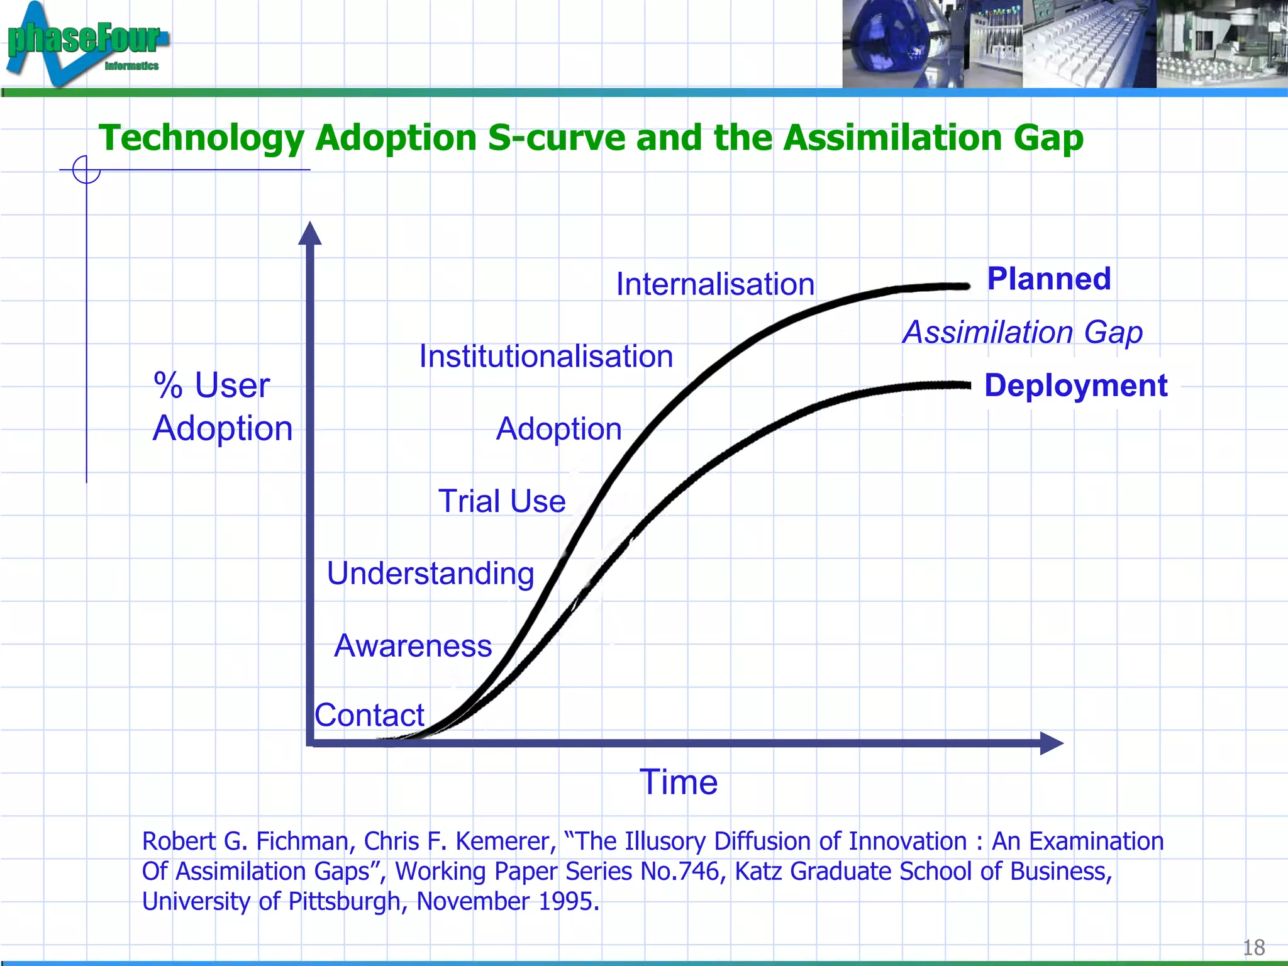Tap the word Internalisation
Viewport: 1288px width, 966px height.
pyautogui.click(x=715, y=284)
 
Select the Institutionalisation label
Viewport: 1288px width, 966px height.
pyautogui.click(x=546, y=357)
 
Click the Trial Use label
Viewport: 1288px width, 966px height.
pyautogui.click(x=502, y=501)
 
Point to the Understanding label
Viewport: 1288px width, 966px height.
pyautogui.click(x=431, y=574)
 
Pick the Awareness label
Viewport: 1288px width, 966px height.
pyautogui.click(x=413, y=646)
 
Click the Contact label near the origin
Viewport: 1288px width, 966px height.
pyautogui.click(x=370, y=715)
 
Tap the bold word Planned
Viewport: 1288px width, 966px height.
pyautogui.click(x=1049, y=279)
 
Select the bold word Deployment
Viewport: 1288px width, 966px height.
pyautogui.click(x=1075, y=386)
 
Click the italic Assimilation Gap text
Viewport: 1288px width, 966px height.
pyautogui.click(x=1023, y=332)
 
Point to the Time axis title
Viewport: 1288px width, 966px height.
pyautogui.click(x=679, y=782)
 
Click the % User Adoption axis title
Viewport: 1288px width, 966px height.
pyautogui.click(x=223, y=406)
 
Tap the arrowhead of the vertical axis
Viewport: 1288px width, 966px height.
pyautogui.click(x=309, y=233)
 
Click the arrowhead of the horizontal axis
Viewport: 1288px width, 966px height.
pyautogui.click(x=1051, y=743)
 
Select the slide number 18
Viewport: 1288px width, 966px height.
pyautogui.click(x=1253, y=947)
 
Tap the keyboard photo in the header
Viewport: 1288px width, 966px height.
pyautogui.click(x=1089, y=44)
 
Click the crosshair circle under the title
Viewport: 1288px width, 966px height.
pyautogui.click(x=86, y=170)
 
